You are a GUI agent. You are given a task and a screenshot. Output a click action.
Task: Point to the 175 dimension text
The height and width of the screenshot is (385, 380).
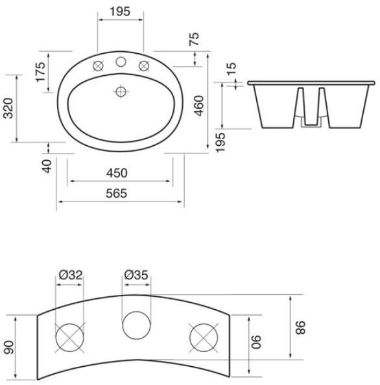pyautogui.click(x=42, y=72)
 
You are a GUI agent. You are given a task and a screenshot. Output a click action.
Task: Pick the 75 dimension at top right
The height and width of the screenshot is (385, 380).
pyautogui.click(x=194, y=39)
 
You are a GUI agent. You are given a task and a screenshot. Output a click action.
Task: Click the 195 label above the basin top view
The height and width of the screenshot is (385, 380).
pyautogui.click(x=120, y=12)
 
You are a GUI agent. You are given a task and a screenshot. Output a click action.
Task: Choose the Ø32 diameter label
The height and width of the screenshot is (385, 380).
pyautogui.click(x=70, y=275)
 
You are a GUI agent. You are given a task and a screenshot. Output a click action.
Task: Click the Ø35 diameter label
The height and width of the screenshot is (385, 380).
pyautogui.click(x=136, y=275)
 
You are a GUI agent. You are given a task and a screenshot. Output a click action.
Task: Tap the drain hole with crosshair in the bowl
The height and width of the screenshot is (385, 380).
pyautogui.click(x=120, y=91)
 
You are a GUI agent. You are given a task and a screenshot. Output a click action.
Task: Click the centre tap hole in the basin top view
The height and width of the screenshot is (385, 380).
pyautogui.click(x=120, y=63)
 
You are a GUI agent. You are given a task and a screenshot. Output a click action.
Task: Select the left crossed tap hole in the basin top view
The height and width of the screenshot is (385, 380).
pyautogui.click(x=99, y=65)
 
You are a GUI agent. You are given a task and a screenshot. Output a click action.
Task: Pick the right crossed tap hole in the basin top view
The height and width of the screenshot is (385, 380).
pyautogui.click(x=144, y=65)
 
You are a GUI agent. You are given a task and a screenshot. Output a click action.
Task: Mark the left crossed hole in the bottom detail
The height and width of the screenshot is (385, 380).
pyautogui.click(x=70, y=338)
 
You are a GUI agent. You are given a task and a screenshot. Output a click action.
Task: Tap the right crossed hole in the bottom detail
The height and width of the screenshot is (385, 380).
pyautogui.click(x=202, y=338)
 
